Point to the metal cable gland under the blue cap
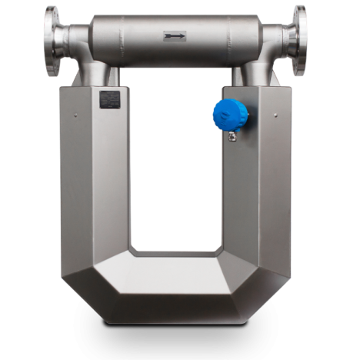point(230,137)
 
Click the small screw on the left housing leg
point(76,115)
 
